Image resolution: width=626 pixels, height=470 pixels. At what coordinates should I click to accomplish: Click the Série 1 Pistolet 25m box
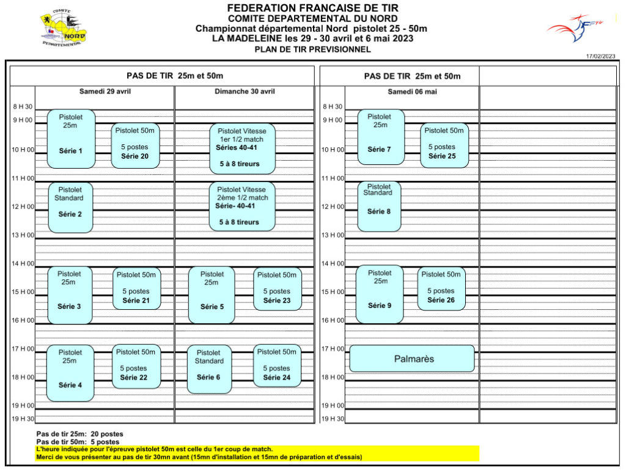[x=71, y=139]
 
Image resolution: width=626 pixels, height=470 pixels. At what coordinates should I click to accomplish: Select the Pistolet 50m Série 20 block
[x=135, y=145]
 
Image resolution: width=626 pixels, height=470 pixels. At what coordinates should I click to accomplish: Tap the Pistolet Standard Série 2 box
[x=70, y=207]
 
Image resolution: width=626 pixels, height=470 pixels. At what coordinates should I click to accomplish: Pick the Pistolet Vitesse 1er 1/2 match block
[x=242, y=149]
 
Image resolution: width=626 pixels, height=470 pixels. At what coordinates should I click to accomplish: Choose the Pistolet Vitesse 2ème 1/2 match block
[x=242, y=207]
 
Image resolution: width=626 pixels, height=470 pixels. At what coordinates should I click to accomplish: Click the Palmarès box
[x=412, y=359]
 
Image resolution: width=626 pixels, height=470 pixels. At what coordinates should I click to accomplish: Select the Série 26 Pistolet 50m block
[x=441, y=288]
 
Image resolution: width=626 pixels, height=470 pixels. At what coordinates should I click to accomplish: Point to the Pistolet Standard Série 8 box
[x=379, y=207]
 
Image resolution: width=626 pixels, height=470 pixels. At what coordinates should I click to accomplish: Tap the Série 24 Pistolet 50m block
[x=277, y=366]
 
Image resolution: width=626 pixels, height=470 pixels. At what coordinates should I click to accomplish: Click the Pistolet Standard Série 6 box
[x=209, y=369]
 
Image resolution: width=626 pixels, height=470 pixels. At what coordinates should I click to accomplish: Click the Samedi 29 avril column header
[x=105, y=91]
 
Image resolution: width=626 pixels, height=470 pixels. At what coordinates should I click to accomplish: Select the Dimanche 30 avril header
[x=245, y=91]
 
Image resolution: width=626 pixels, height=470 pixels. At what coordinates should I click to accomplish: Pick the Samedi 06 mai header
[x=412, y=92]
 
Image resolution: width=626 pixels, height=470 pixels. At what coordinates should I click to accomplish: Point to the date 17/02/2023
[x=600, y=56]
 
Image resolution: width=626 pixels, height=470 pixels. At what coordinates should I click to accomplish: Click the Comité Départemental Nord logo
[x=63, y=28]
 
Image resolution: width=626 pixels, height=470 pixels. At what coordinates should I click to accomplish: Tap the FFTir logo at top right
[x=575, y=28]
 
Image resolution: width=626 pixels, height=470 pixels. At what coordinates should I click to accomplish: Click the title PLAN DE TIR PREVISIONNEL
[x=312, y=50]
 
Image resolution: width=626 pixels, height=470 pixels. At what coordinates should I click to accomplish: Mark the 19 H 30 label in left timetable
[x=23, y=419]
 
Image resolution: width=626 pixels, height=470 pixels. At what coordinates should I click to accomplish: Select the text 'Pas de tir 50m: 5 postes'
[x=78, y=442]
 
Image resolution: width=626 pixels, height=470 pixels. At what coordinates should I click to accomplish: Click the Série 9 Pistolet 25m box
[x=380, y=295]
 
